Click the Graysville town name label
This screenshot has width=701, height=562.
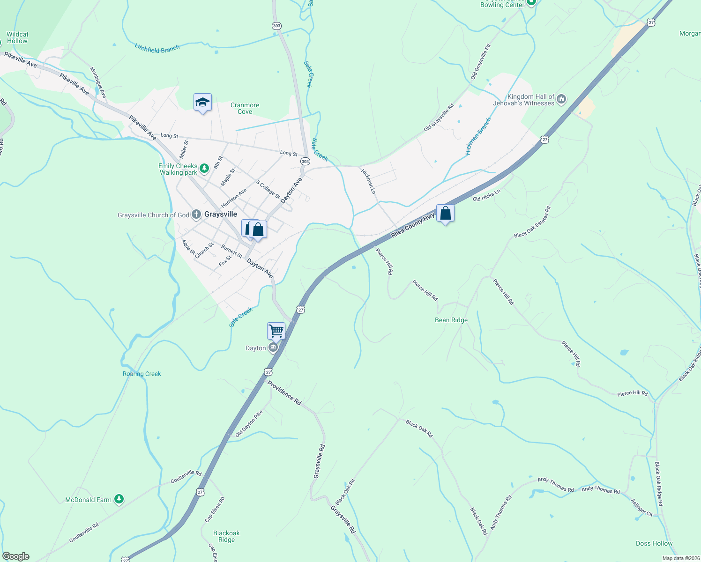point(221,214)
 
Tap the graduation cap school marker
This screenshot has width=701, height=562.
point(202,103)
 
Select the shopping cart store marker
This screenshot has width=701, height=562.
point(276,331)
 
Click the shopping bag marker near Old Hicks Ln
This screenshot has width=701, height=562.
point(445,214)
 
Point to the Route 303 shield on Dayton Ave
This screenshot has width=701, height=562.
point(305,162)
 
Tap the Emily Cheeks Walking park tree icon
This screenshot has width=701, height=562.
point(204,168)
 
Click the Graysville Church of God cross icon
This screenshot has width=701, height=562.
point(196,214)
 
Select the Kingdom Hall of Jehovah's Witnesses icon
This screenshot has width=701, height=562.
point(561,99)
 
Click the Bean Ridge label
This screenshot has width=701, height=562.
point(451,320)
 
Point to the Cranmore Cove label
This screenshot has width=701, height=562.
point(245,108)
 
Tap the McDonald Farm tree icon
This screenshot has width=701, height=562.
point(119,499)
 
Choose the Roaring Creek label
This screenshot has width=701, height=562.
point(142,374)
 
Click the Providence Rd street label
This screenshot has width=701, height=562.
point(284,392)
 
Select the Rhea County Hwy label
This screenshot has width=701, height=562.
point(413,225)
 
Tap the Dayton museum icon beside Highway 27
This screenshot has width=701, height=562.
point(273,348)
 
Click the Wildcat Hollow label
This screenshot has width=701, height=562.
point(17,37)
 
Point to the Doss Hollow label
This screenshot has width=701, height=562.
point(654,543)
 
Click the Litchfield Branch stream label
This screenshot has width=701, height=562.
point(157,48)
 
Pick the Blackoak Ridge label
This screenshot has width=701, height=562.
point(226,536)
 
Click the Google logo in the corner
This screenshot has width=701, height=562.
point(16,556)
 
